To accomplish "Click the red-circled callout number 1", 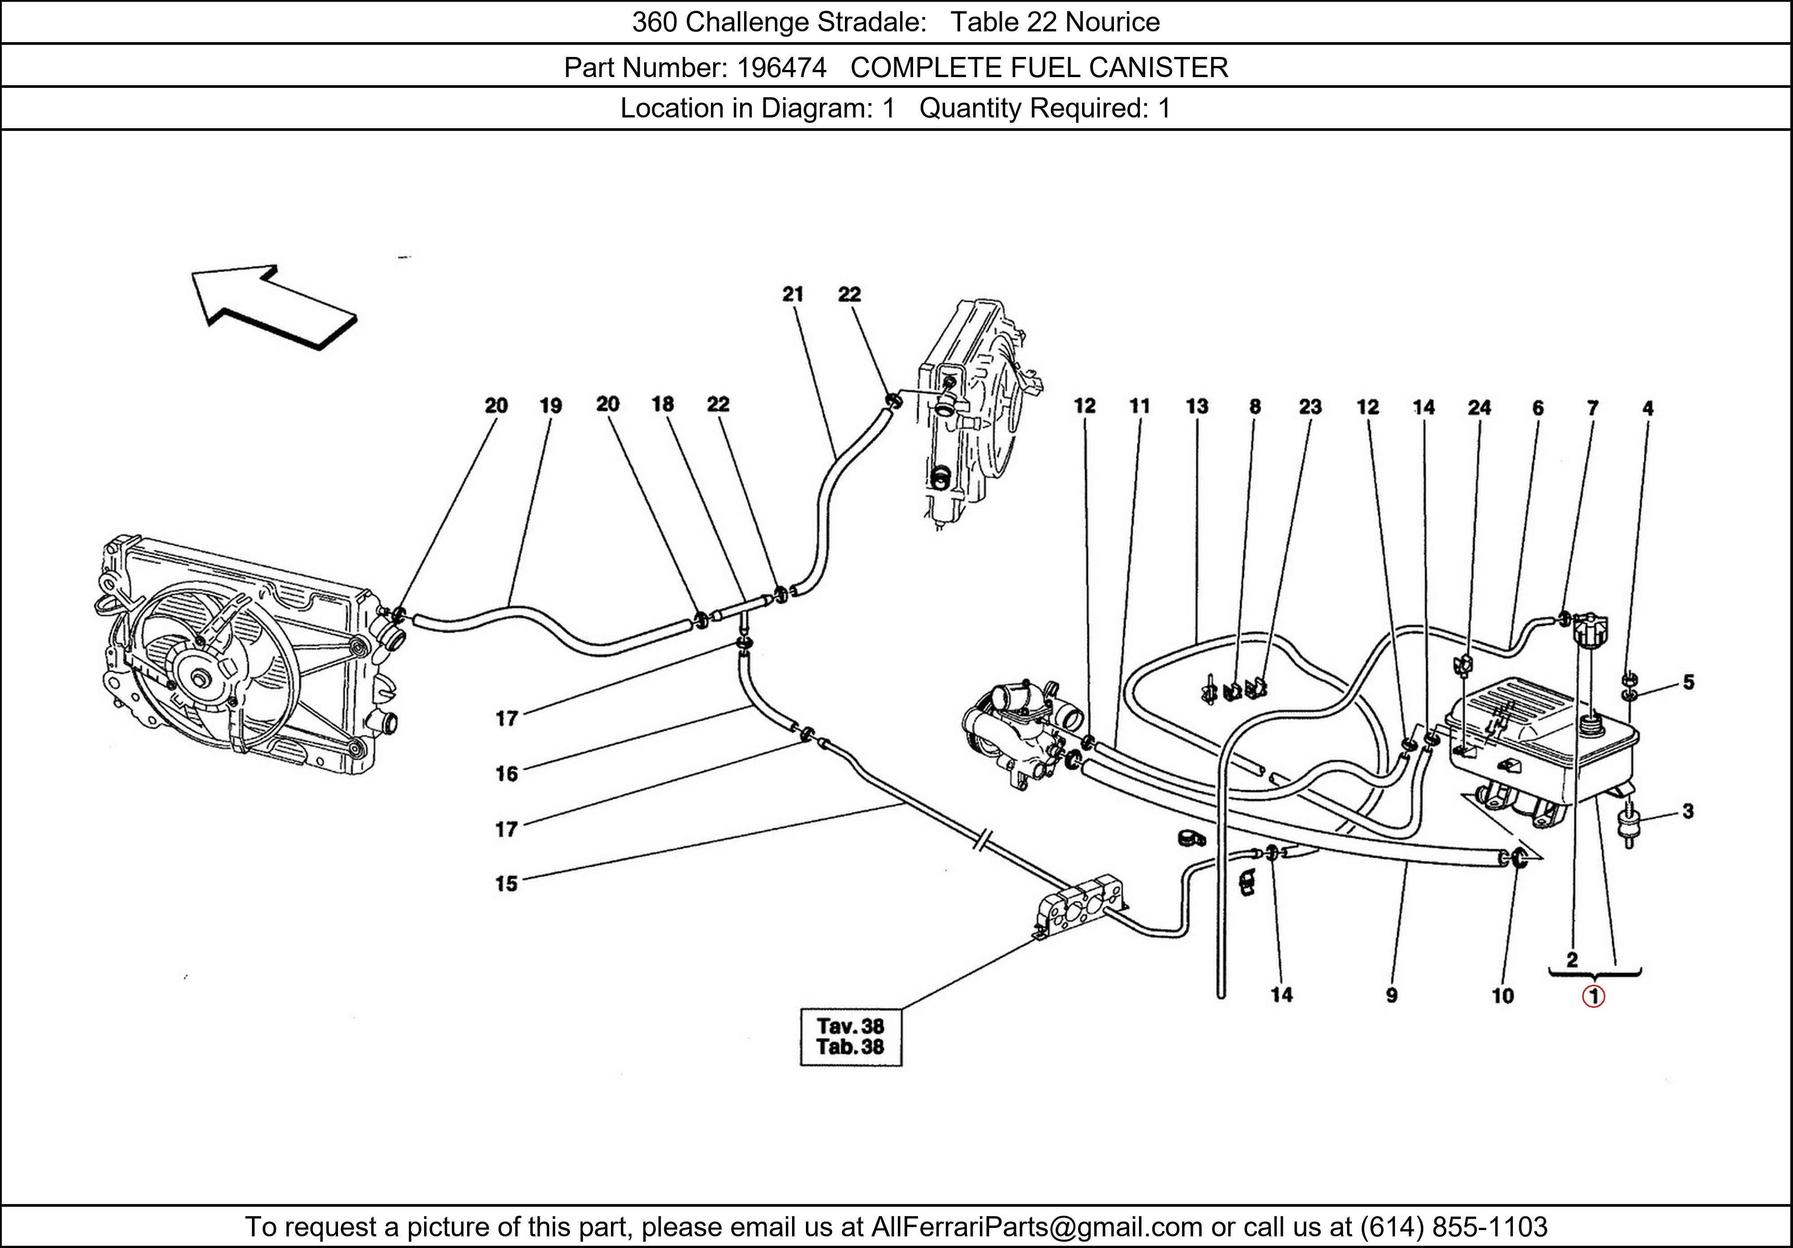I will [1593, 997].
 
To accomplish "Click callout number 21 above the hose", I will [793, 295].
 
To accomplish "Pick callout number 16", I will [506, 773].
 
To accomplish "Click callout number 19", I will [550, 406].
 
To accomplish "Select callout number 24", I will [1479, 407].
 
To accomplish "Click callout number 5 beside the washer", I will [1689, 682].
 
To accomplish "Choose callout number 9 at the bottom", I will [1392, 996].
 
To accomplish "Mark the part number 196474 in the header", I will [781, 68].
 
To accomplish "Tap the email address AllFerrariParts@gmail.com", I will [1036, 1227].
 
